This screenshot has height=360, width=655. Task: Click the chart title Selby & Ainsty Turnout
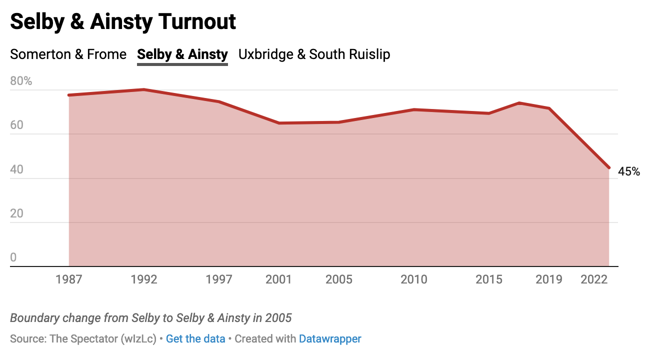pos(123,22)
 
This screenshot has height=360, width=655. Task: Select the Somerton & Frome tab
pos(68,54)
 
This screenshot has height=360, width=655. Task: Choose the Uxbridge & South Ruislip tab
pos(314,54)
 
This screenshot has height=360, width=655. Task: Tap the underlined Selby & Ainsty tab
pos(182,54)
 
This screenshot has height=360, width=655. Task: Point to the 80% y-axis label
pos(21,81)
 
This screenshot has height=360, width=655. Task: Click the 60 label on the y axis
pos(16,125)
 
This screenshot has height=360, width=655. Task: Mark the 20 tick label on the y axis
pos(16,213)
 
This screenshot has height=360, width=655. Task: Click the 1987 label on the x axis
pos(69,279)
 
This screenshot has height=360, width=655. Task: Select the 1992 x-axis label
pos(144,279)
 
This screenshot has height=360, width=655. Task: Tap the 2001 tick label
pos(279,279)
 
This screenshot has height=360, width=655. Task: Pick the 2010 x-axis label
pos(414,279)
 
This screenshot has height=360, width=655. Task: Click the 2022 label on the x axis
pos(594,279)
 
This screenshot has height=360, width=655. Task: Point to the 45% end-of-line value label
pos(629,171)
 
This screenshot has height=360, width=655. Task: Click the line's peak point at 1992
pos(144,89)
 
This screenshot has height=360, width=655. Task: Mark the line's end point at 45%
pos(608,167)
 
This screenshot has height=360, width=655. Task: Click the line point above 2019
pos(549,108)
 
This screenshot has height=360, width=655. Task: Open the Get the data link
pos(195,338)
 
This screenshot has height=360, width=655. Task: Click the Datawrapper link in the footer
pos(330,338)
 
